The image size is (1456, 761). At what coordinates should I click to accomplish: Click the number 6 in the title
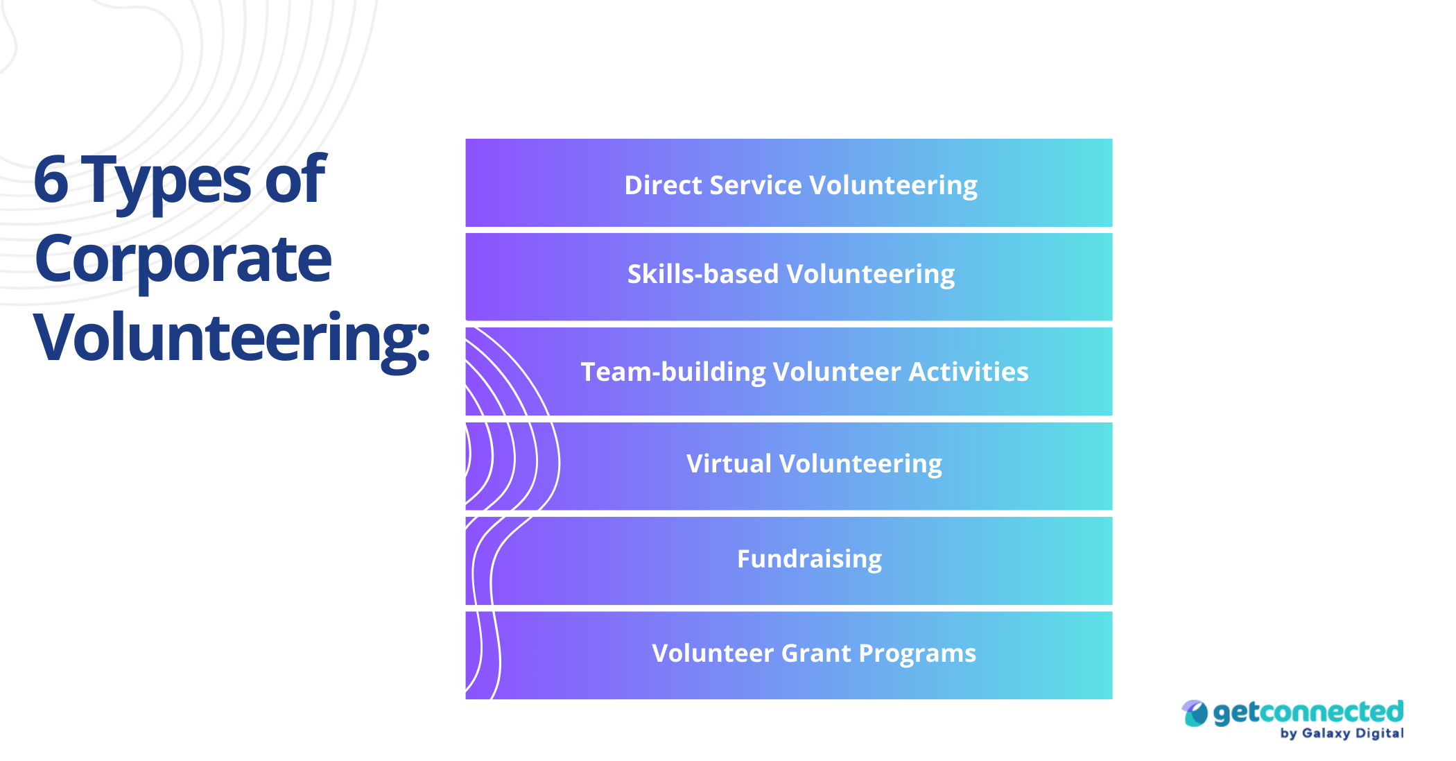(51, 180)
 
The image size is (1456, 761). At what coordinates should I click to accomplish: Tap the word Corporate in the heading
(183, 259)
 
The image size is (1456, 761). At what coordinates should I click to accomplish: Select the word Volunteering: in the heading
(232, 338)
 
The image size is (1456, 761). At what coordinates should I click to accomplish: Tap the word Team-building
(673, 372)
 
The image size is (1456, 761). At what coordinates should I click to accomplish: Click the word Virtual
(729, 463)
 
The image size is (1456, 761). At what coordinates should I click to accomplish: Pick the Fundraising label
(809, 558)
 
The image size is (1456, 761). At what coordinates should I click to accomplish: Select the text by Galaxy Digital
(1342, 733)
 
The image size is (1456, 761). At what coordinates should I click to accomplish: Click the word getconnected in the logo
(1308, 712)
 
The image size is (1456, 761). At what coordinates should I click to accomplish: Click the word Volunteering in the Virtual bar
(860, 463)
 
